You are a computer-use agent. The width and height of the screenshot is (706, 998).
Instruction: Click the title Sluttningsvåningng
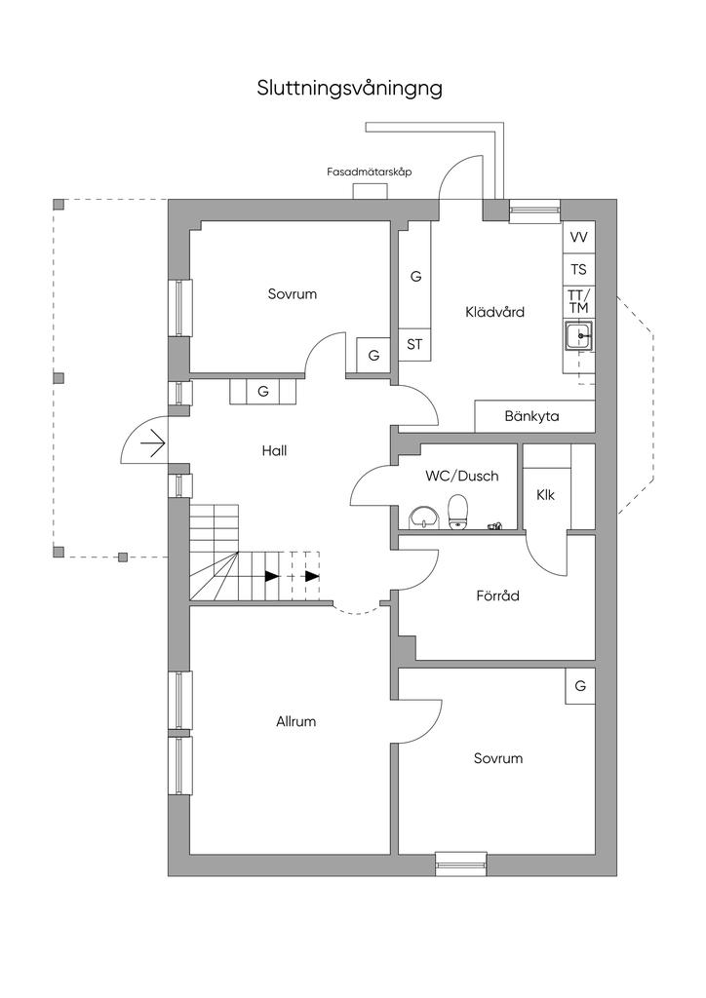point(350,88)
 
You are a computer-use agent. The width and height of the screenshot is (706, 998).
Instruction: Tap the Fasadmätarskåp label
point(370,172)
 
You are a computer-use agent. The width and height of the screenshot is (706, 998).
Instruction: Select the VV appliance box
point(578,238)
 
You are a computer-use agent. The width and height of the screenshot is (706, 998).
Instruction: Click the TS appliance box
point(578,270)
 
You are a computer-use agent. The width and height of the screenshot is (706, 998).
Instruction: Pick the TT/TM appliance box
point(578,301)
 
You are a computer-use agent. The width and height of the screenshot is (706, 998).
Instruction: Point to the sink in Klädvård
point(579,337)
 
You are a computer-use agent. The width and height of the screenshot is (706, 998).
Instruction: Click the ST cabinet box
point(414,344)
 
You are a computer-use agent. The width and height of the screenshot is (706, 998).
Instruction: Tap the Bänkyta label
point(532,416)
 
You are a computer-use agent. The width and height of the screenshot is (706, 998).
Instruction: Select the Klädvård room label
point(494,313)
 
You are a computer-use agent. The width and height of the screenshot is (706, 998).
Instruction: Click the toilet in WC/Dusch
point(456,510)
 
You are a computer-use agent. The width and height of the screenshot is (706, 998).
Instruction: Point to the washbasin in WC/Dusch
point(423,517)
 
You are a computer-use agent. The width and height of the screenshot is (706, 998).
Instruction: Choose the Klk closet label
point(545,495)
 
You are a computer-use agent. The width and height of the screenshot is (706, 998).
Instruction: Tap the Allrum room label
point(295,722)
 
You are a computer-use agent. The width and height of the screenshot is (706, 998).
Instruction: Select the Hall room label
point(274,451)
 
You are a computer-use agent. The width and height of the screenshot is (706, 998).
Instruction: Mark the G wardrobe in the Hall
point(262,391)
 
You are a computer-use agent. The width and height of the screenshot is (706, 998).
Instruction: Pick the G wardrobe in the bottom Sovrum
point(580,686)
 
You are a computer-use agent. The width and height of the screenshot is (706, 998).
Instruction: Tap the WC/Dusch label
point(462,477)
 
